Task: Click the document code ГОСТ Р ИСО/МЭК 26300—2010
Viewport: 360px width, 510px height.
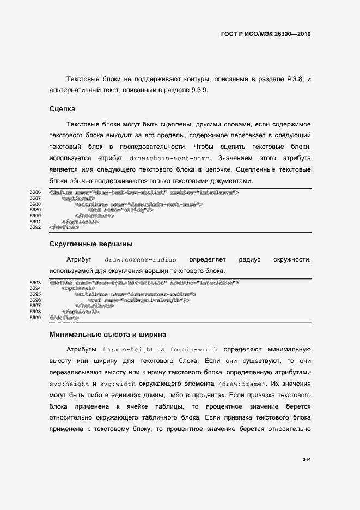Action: coord(266,34)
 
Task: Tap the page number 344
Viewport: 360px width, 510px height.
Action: coord(306,459)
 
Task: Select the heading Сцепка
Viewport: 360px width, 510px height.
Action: coord(62,109)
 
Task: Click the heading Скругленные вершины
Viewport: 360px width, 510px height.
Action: coord(91,244)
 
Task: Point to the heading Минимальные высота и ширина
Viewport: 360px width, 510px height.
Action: coord(107,334)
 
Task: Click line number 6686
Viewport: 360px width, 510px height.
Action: coord(35,192)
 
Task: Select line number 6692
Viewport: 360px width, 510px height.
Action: coord(35,227)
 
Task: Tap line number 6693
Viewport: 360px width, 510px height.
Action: coord(35,283)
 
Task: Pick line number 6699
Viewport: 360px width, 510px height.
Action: coord(35,317)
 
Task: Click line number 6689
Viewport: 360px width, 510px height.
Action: coord(35,210)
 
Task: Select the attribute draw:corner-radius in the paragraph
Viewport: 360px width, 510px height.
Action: coord(141,260)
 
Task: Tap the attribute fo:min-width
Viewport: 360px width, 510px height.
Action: coord(194,349)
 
